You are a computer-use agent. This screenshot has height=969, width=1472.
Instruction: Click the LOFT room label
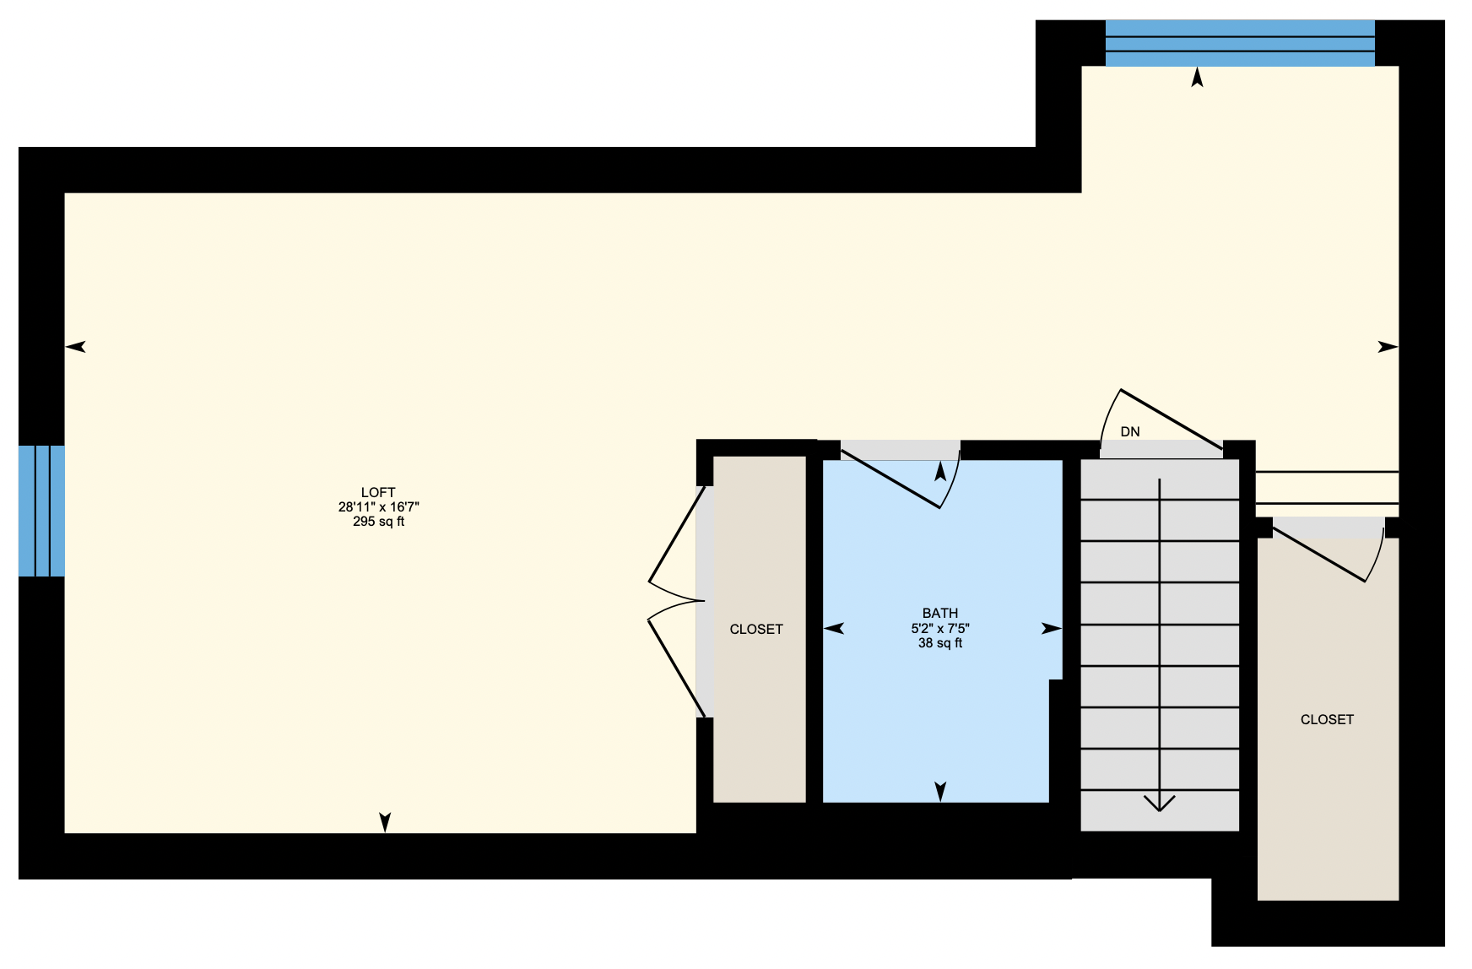click(x=378, y=492)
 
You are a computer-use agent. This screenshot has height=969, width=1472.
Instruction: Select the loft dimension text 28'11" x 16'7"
click(x=378, y=507)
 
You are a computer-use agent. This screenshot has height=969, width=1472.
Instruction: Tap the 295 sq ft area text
click(x=378, y=522)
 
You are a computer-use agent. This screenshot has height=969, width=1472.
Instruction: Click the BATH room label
click(x=940, y=614)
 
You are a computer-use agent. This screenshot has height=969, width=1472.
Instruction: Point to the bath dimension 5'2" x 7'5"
click(x=940, y=629)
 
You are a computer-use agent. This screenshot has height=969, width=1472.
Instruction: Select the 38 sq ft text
click(x=940, y=643)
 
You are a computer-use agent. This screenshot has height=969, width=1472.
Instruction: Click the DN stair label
click(x=1130, y=432)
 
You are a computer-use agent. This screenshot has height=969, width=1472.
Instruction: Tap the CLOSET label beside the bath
click(x=756, y=630)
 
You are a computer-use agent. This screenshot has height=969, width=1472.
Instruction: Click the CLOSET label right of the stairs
click(x=1327, y=720)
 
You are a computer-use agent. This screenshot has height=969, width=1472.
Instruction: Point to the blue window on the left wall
click(x=41, y=511)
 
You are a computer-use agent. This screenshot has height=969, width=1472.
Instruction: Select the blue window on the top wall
click(x=1240, y=43)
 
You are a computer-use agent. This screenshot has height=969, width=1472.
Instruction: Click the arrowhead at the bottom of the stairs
click(x=1160, y=803)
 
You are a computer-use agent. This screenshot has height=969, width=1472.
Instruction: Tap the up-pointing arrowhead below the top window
click(x=1197, y=78)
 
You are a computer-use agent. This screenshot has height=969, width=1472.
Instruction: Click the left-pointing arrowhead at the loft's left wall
click(x=76, y=346)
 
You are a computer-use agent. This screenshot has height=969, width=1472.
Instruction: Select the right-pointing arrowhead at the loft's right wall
click(x=1388, y=346)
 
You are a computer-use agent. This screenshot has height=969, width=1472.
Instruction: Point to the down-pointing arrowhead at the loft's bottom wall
click(x=385, y=822)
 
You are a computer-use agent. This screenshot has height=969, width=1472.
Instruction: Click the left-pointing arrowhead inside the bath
click(x=834, y=628)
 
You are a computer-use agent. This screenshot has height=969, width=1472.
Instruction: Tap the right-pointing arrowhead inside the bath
click(x=1052, y=628)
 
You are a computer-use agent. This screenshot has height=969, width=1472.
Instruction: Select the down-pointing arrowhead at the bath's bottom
click(x=940, y=791)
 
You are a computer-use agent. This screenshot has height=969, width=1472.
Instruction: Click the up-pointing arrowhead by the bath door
click(x=940, y=471)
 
